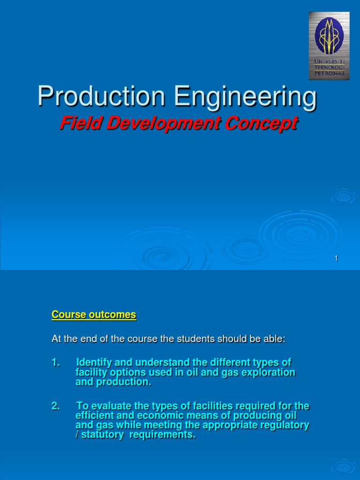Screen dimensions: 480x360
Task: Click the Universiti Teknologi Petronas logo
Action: tap(329, 45)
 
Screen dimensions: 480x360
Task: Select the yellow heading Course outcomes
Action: tap(94, 315)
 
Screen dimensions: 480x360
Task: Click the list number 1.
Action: tap(55, 363)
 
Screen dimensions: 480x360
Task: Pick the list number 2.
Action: tap(55, 406)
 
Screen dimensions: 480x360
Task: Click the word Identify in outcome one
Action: tap(94, 363)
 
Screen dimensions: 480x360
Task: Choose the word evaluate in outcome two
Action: tap(107, 406)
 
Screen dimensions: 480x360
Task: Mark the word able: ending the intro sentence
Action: tap(273, 339)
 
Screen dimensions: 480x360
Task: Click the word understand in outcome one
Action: tap(150, 363)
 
